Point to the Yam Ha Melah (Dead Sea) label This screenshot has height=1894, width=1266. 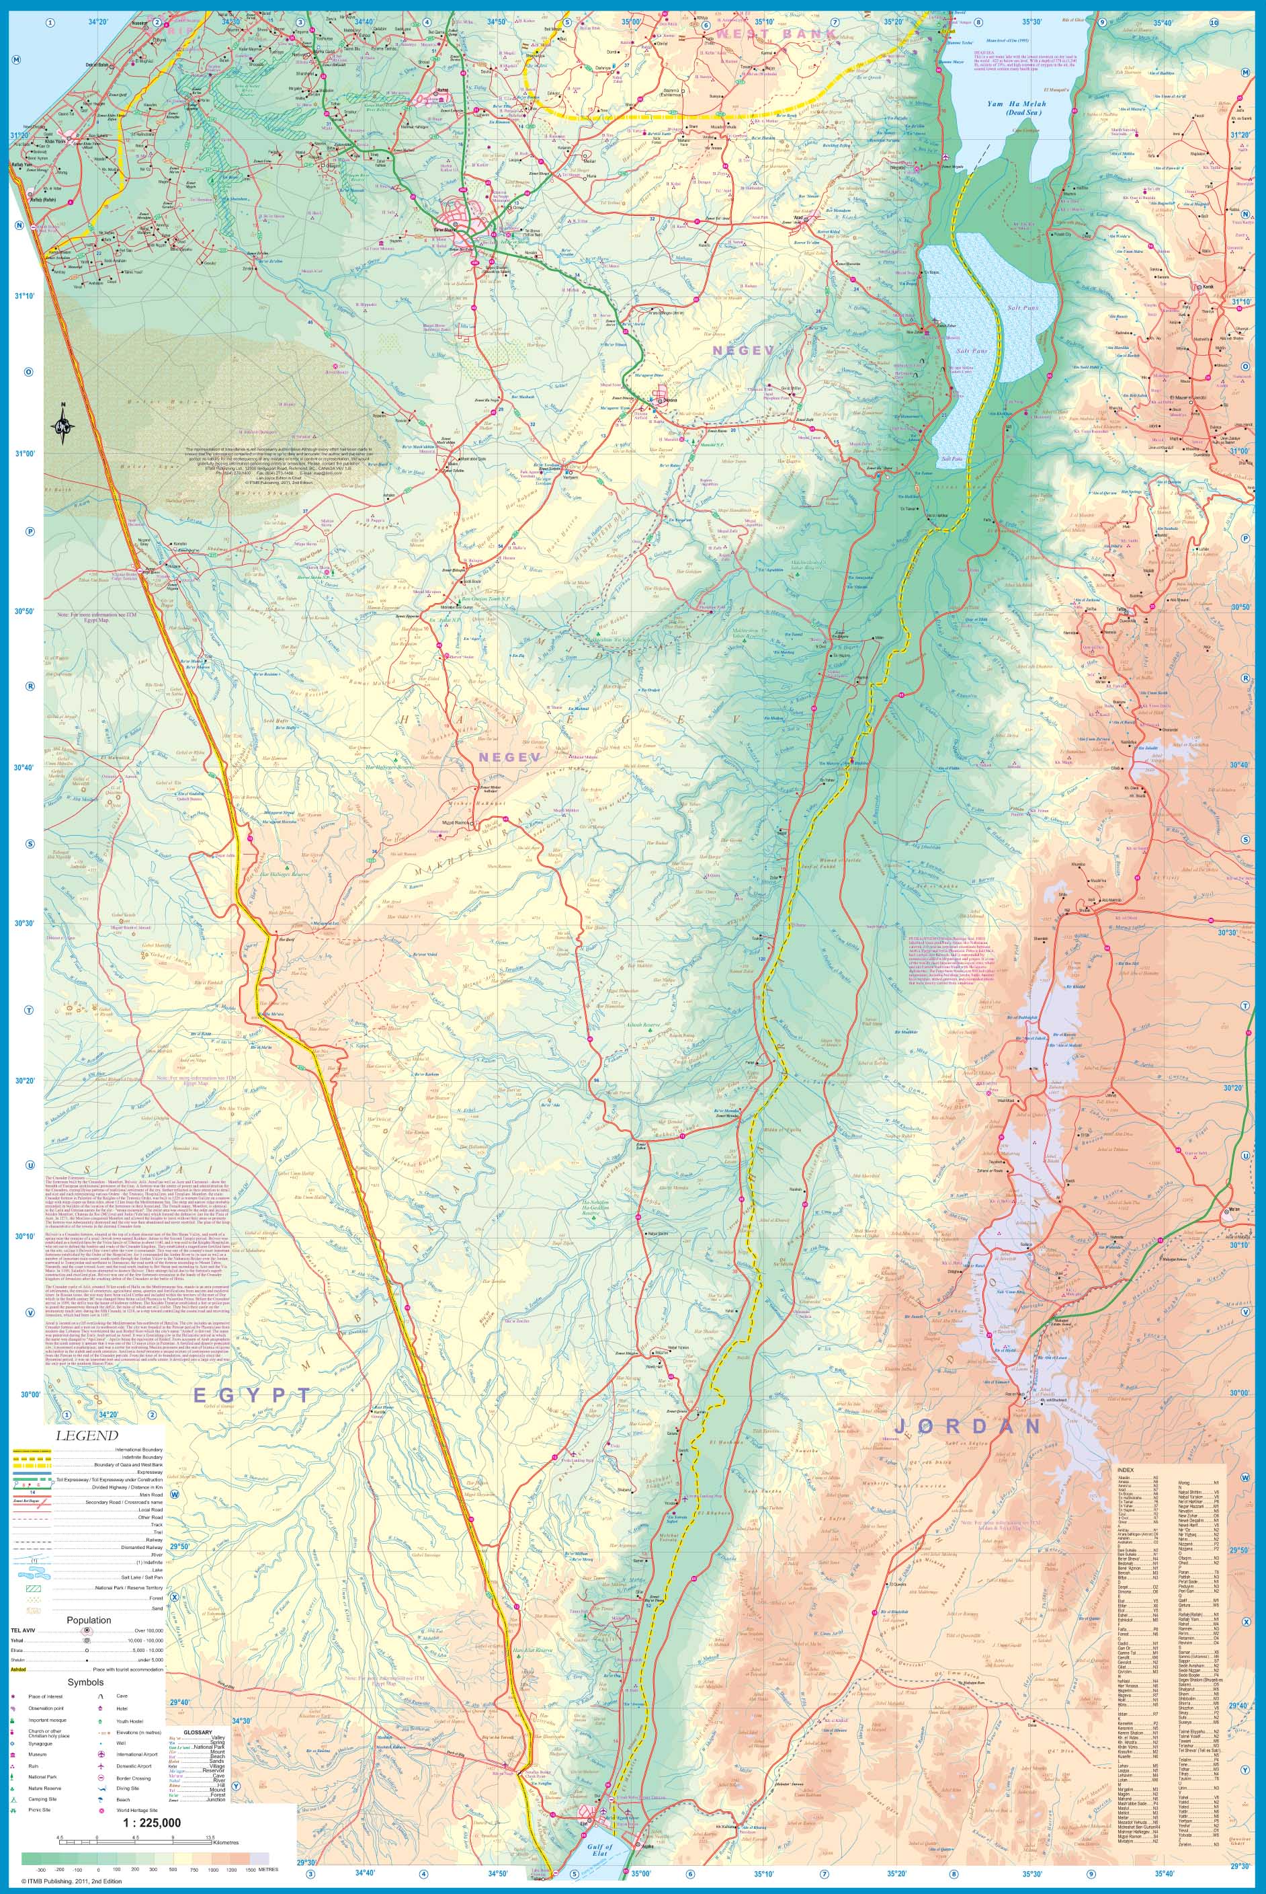pos(1016,108)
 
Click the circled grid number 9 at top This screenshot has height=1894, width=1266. pos(1102,23)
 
